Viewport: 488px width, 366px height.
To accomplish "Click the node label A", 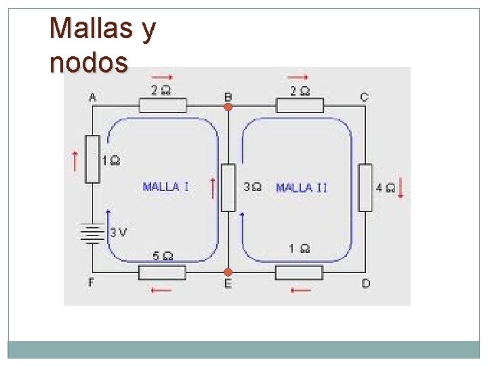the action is tap(92, 98).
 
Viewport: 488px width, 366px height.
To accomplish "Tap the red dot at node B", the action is tap(228, 106).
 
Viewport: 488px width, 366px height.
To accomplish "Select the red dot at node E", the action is tap(228, 272).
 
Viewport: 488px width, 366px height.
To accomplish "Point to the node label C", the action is tap(364, 98).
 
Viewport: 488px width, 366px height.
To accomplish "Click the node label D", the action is tap(365, 283).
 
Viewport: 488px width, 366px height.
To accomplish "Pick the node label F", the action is tap(91, 283).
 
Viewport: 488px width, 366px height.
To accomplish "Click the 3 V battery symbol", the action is tap(93, 232).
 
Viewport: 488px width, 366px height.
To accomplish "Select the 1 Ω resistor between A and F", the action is tap(93, 159).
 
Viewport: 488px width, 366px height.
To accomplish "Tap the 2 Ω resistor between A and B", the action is tap(163, 105).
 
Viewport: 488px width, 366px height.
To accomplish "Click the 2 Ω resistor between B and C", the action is tap(300, 105).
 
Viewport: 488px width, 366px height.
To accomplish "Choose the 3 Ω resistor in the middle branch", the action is tap(228, 187).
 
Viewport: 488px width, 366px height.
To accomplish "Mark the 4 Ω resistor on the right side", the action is tap(365, 187).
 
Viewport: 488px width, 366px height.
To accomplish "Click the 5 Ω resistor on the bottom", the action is tap(162, 272).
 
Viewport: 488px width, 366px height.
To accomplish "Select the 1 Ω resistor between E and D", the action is tap(299, 272).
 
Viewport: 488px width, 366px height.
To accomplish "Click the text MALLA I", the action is tap(166, 186).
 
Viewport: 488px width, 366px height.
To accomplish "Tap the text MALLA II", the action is tap(302, 187).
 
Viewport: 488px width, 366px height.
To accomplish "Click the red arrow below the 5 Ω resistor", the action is tap(161, 290).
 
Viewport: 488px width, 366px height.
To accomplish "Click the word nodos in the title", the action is tap(89, 62).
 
